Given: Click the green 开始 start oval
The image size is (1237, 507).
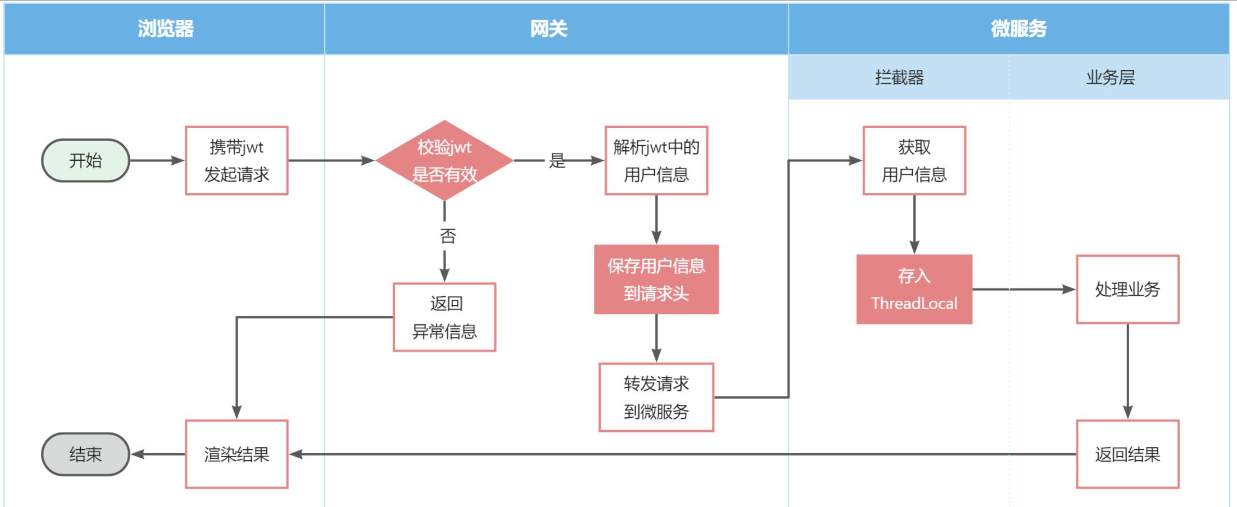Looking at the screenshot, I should click(x=85, y=161).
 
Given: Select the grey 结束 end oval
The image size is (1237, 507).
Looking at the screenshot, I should click(x=85, y=454).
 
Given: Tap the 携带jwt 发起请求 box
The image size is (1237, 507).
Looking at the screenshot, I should click(x=237, y=161).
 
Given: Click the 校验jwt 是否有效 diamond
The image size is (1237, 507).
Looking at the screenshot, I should click(x=444, y=161).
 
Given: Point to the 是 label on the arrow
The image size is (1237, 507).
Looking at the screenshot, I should click(x=557, y=161).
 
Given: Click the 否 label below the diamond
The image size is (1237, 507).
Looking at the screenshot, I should click(x=448, y=236).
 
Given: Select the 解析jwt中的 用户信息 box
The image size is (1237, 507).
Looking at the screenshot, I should click(x=656, y=161).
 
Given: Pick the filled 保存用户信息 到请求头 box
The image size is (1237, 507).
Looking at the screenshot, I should click(x=656, y=279).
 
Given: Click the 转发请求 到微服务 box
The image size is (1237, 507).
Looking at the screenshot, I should click(x=656, y=398).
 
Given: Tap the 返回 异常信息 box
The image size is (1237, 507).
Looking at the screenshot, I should click(x=444, y=317).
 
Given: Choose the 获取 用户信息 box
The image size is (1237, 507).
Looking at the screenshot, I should click(x=914, y=161).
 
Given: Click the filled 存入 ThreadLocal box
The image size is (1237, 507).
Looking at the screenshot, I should click(x=914, y=289).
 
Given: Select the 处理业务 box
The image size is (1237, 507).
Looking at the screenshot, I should click(x=1128, y=289).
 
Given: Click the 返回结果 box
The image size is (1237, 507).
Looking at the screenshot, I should click(x=1128, y=454).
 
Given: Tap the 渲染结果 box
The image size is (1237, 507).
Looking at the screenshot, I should click(x=237, y=454).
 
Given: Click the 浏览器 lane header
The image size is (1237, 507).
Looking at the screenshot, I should click(x=165, y=29).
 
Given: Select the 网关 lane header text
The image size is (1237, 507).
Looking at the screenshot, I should click(x=549, y=29).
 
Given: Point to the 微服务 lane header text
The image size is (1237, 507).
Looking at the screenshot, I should click(x=1018, y=29).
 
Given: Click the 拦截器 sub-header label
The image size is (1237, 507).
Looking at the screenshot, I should click(x=899, y=78).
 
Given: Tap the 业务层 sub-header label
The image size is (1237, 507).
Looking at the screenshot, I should click(x=1110, y=78).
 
